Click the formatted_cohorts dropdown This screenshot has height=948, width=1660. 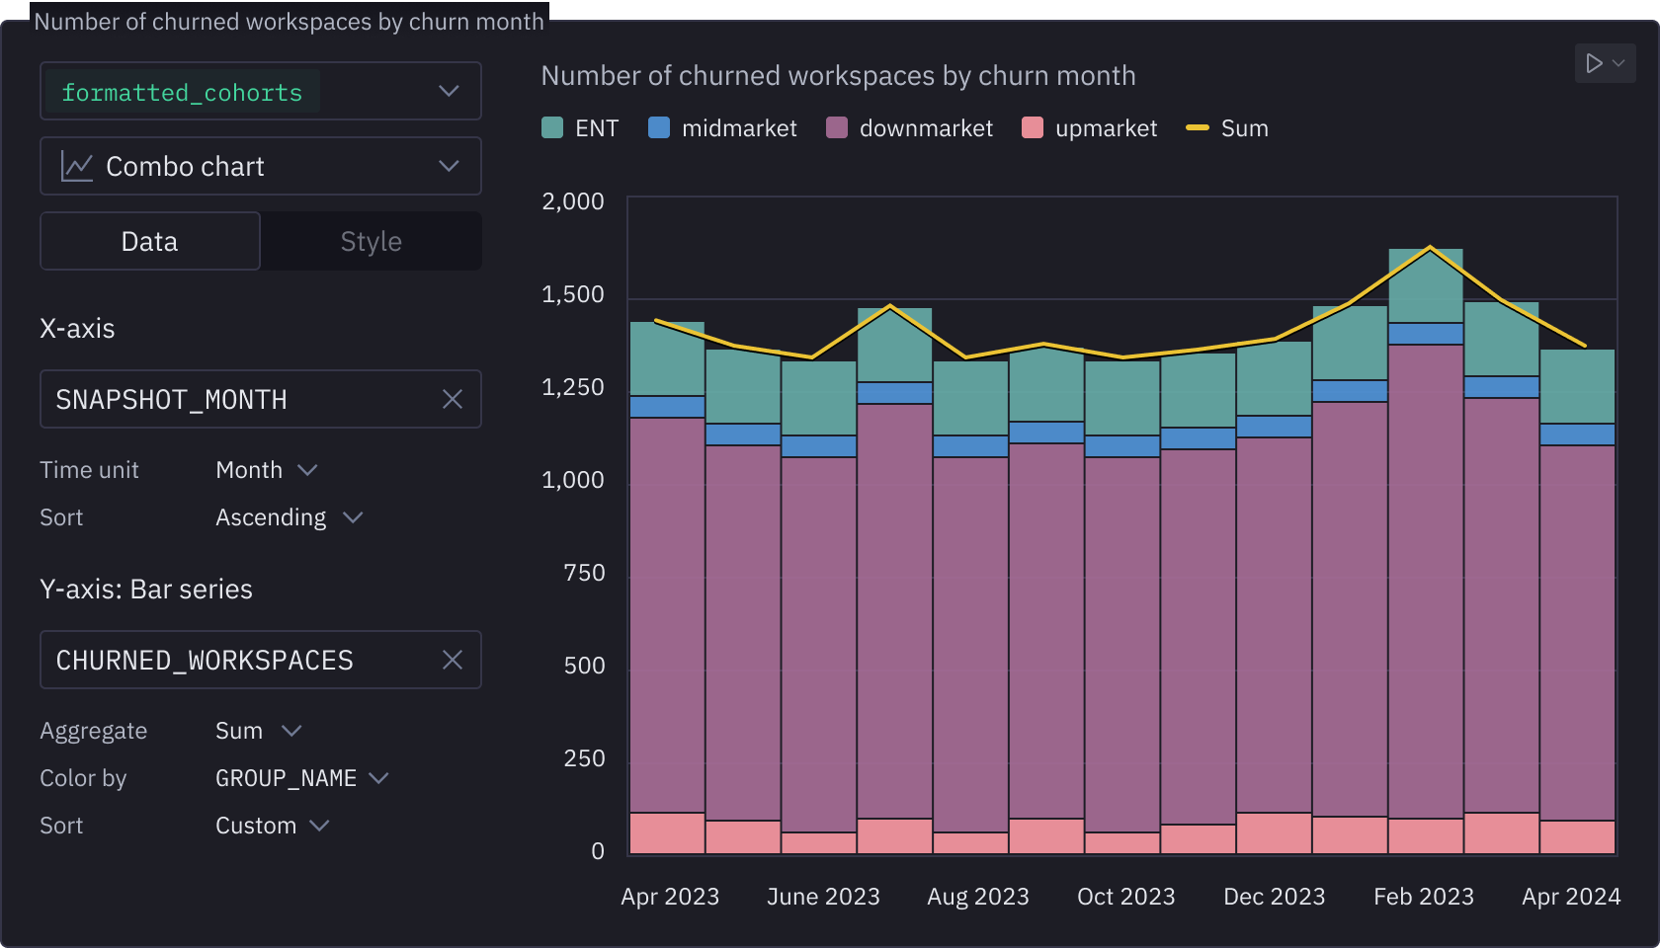pyautogui.click(x=260, y=92)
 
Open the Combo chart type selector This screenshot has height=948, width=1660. pyautogui.click(x=260, y=167)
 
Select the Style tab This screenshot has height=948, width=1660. pyautogui.click(x=371, y=242)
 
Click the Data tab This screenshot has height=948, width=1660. pyautogui.click(x=150, y=242)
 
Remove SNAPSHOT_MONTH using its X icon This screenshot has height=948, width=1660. pyautogui.click(x=453, y=400)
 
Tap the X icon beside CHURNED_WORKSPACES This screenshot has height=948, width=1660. pyautogui.click(x=453, y=661)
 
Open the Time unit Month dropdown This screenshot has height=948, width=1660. pyautogui.click(x=266, y=471)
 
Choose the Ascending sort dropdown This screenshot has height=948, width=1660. pyautogui.click(x=289, y=518)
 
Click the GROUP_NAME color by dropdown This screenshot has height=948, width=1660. pyautogui.click(x=301, y=779)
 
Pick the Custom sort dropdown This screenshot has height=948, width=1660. pyautogui.click(x=272, y=827)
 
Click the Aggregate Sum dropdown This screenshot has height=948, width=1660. pyautogui.click(x=258, y=732)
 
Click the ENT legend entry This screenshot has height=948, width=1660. pyautogui.click(x=581, y=128)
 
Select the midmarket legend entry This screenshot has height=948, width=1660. pyautogui.click(x=722, y=128)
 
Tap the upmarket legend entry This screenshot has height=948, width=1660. pyautogui.click(x=1090, y=128)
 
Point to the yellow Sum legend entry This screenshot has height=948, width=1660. pyautogui.click(x=1227, y=128)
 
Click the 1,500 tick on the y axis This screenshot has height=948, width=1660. pyautogui.click(x=573, y=295)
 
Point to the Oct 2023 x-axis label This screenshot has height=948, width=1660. pyautogui.click(x=1125, y=897)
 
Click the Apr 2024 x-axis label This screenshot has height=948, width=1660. pyautogui.click(x=1571, y=897)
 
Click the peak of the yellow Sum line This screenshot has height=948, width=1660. pyautogui.click(x=1430, y=248)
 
